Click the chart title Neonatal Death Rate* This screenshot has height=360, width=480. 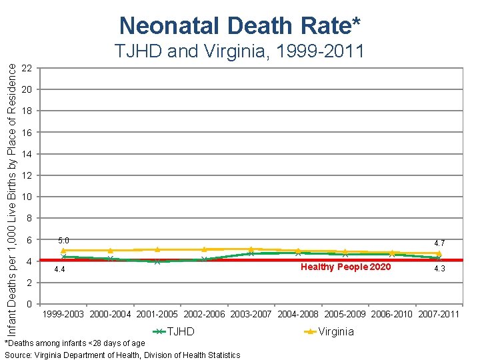240,25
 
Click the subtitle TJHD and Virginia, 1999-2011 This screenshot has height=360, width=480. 239,51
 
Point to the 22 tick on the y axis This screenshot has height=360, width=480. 27,68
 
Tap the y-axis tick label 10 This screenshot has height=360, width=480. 27,197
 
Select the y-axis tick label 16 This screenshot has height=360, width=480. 27,133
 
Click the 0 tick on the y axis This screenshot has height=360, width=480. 29,305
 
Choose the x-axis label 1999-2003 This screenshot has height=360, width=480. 63,314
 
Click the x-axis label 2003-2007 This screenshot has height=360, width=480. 251,314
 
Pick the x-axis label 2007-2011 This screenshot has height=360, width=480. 439,314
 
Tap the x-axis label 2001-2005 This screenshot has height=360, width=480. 157,314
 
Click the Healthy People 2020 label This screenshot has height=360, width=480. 345,267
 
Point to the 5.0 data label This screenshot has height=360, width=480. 63,240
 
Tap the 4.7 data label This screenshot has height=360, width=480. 439,243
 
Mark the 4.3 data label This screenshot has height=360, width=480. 439,269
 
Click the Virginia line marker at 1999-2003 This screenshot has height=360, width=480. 63,251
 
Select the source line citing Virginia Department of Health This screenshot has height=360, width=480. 123,355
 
